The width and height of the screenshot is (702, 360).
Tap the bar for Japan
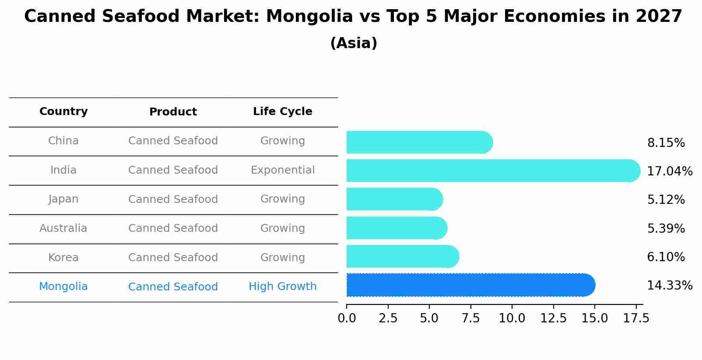394,199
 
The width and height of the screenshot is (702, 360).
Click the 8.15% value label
666,143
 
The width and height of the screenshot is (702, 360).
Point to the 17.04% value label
669,171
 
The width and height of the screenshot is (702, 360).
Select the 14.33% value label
669,286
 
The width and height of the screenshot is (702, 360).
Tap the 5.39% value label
666,228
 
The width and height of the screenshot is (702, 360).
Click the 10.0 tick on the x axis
512,318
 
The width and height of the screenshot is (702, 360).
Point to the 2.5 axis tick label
388,318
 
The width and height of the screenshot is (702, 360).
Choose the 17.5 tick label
636,318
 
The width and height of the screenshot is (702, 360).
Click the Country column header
63,112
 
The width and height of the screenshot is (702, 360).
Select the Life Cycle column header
282,112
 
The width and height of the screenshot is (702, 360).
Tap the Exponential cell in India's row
282,170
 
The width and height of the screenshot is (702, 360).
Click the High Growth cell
282,287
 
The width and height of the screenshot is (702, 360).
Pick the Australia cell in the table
63,228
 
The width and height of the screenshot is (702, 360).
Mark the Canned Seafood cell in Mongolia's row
173,287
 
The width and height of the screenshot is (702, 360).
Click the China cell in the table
63,141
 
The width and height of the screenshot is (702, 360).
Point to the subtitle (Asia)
354,43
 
